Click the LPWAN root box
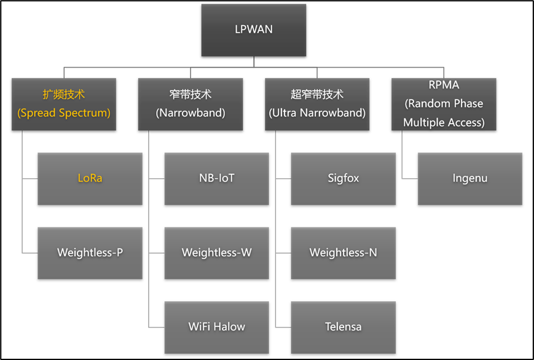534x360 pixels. coord(253,29)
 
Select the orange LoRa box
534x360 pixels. coord(90,179)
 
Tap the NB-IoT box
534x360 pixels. coord(216,179)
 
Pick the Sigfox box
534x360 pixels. coord(343,179)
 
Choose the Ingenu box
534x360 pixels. coord(469,179)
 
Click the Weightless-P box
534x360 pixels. coord(90,252)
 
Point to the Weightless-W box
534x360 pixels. coord(216,252)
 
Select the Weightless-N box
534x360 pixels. coord(343,252)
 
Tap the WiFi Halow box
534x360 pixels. coord(216,327)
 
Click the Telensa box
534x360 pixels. coord(343,327)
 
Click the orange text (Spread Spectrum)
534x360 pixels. coord(64,113)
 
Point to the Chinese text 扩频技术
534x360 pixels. coord(64,95)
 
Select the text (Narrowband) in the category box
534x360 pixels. coord(190,113)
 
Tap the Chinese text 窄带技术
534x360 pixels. coord(190,95)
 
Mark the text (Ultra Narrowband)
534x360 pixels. coord(317,113)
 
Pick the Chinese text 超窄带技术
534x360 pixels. coord(317,95)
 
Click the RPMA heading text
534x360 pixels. coord(444,85)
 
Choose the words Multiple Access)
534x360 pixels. coord(444,123)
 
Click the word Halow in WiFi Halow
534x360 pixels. coord(229,327)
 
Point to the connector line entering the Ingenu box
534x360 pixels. coord(410,179)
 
